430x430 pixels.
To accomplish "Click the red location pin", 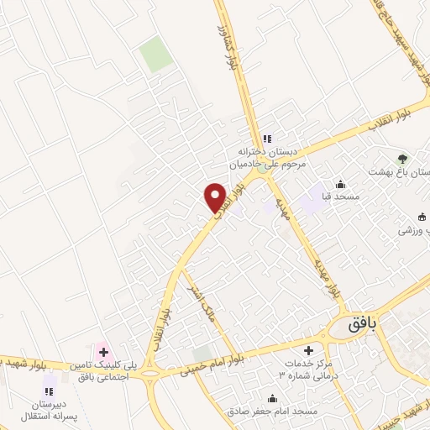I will click(216, 197).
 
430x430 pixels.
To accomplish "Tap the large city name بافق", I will click(365, 321).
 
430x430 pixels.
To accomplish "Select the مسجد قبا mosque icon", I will click(340, 185).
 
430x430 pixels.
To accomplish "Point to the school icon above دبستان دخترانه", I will click(267, 139).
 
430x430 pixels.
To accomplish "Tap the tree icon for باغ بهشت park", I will click(402, 157).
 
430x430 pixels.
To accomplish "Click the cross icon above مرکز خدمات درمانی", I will click(308, 349).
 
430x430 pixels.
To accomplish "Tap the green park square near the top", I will click(155, 54).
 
